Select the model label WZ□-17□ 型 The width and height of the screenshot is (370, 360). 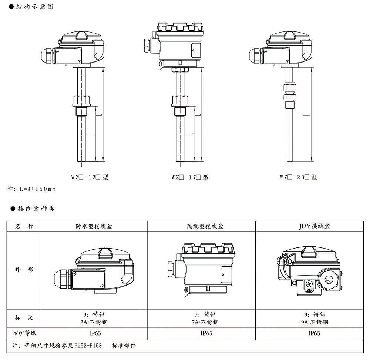coord(190,177)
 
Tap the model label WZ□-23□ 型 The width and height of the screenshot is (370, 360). coord(298,177)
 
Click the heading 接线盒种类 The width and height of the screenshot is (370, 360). coord(36,209)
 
